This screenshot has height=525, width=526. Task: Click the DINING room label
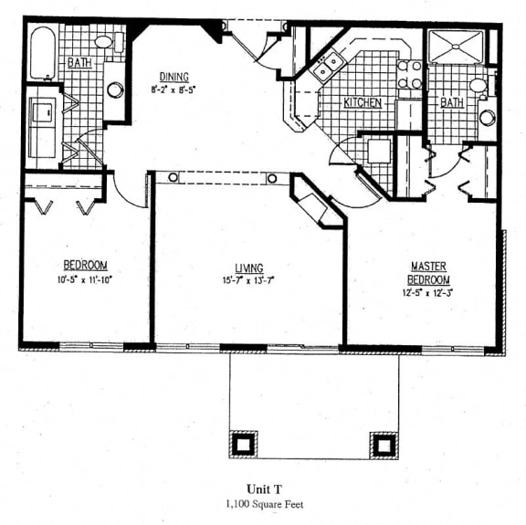(174, 78)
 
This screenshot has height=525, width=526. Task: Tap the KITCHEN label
(363, 102)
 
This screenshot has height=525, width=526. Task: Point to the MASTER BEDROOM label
(428, 273)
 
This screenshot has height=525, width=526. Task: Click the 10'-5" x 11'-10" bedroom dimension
(84, 279)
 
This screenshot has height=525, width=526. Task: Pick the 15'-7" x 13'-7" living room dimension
(248, 279)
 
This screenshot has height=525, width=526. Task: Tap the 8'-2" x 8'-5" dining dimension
(174, 89)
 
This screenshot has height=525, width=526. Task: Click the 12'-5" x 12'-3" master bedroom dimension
(427, 293)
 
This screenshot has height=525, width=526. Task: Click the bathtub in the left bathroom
(43, 54)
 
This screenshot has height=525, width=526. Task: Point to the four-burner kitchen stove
(409, 74)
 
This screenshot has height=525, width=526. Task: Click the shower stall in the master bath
(457, 47)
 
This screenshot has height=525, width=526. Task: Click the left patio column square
(243, 445)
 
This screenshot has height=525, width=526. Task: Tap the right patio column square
(384, 446)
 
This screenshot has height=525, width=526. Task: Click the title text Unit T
(264, 489)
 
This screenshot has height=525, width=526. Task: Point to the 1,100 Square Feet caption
(264, 504)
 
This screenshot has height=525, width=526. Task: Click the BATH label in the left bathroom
(79, 63)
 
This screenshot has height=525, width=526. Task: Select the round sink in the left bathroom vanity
(115, 89)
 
